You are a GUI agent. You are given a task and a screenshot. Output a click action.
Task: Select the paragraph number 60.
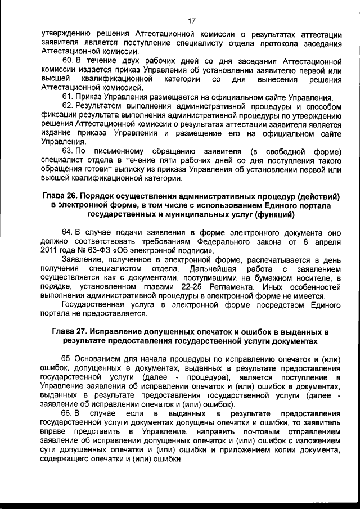point(67,60)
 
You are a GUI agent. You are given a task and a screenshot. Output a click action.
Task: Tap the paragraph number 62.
point(67,106)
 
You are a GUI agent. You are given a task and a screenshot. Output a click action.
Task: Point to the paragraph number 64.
point(67,232)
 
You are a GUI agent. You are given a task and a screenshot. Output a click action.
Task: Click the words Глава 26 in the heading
point(60,196)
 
